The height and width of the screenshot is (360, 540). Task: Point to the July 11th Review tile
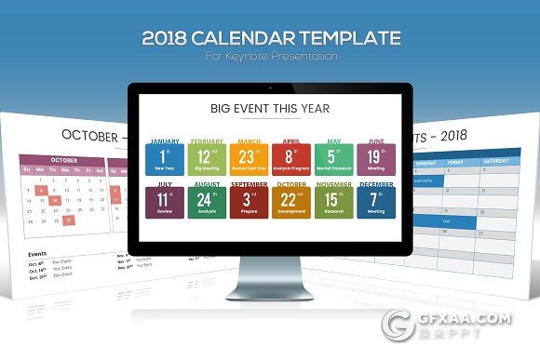click(164, 201)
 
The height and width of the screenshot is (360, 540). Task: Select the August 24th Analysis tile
click(206, 201)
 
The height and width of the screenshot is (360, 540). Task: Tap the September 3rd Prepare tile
click(248, 201)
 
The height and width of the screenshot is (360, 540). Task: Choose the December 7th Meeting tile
click(375, 201)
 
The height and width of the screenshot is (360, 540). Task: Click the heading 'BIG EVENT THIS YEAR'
click(270, 109)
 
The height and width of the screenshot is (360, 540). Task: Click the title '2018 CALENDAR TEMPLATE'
click(270, 38)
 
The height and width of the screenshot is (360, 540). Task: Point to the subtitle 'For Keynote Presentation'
click(270, 57)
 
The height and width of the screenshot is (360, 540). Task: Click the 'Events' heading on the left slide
click(37, 253)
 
